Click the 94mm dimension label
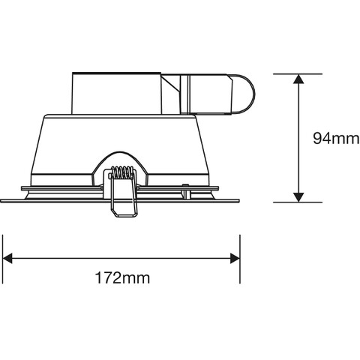tap(336, 138)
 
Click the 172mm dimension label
tap(122, 277)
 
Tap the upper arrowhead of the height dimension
tap(298, 79)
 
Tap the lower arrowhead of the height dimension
tap(298, 197)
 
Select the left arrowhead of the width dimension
tap(7, 258)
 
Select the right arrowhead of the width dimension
tap(235, 258)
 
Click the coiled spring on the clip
tap(122, 172)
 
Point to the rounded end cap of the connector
tap(244, 94)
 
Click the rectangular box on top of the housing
tap(116, 94)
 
